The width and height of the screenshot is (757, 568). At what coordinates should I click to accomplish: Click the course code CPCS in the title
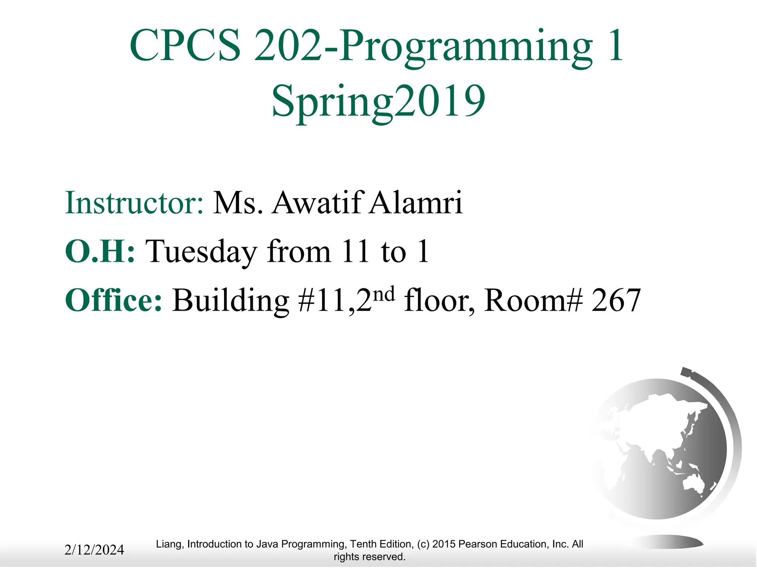click(185, 46)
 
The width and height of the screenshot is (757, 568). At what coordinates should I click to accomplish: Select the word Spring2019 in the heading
click(378, 101)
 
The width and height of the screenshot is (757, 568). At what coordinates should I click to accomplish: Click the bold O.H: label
click(100, 251)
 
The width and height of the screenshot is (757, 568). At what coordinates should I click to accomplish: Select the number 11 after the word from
click(355, 251)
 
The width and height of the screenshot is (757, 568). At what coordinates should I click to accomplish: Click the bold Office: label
click(113, 300)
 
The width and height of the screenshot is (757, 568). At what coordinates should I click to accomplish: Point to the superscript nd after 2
click(384, 294)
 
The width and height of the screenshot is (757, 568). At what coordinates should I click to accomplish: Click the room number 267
click(616, 301)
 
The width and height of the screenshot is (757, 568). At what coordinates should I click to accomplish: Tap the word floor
click(438, 300)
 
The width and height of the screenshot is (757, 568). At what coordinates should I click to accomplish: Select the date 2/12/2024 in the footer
click(94, 550)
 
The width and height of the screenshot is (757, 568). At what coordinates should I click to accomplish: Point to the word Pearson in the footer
click(478, 544)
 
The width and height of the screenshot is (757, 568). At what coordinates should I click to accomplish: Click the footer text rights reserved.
click(369, 557)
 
